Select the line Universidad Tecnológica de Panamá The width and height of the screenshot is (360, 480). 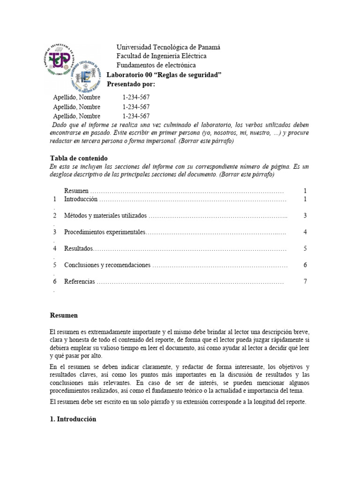[x=168, y=47]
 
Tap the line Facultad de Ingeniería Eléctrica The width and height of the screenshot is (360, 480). [x=161, y=56]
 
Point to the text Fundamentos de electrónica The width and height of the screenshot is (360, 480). [x=156, y=65]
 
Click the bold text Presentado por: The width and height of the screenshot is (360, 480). [x=131, y=84]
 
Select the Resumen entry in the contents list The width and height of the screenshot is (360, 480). [x=76, y=191]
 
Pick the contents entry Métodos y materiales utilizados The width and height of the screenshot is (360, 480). [x=105, y=216]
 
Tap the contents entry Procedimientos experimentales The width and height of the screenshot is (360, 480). [x=105, y=232]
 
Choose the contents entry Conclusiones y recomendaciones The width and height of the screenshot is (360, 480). [x=107, y=265]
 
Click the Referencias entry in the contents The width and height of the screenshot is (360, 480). [x=80, y=282]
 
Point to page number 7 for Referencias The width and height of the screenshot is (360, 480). [x=305, y=281]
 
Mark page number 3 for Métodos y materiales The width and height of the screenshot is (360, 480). [x=305, y=216]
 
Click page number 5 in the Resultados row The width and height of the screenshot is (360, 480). [x=305, y=248]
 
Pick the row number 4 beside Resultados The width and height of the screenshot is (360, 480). [x=54, y=248]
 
